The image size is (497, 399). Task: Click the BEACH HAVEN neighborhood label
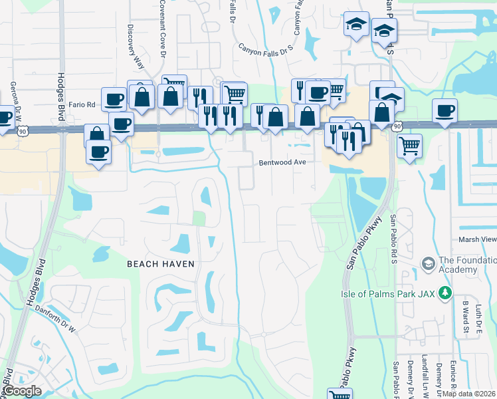pos(161,264)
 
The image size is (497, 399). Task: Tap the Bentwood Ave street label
pos(282,162)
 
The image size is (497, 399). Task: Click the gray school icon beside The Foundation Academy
pos(428,265)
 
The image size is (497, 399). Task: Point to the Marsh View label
pos(477,239)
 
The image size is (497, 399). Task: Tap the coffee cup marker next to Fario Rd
pos(114,100)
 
